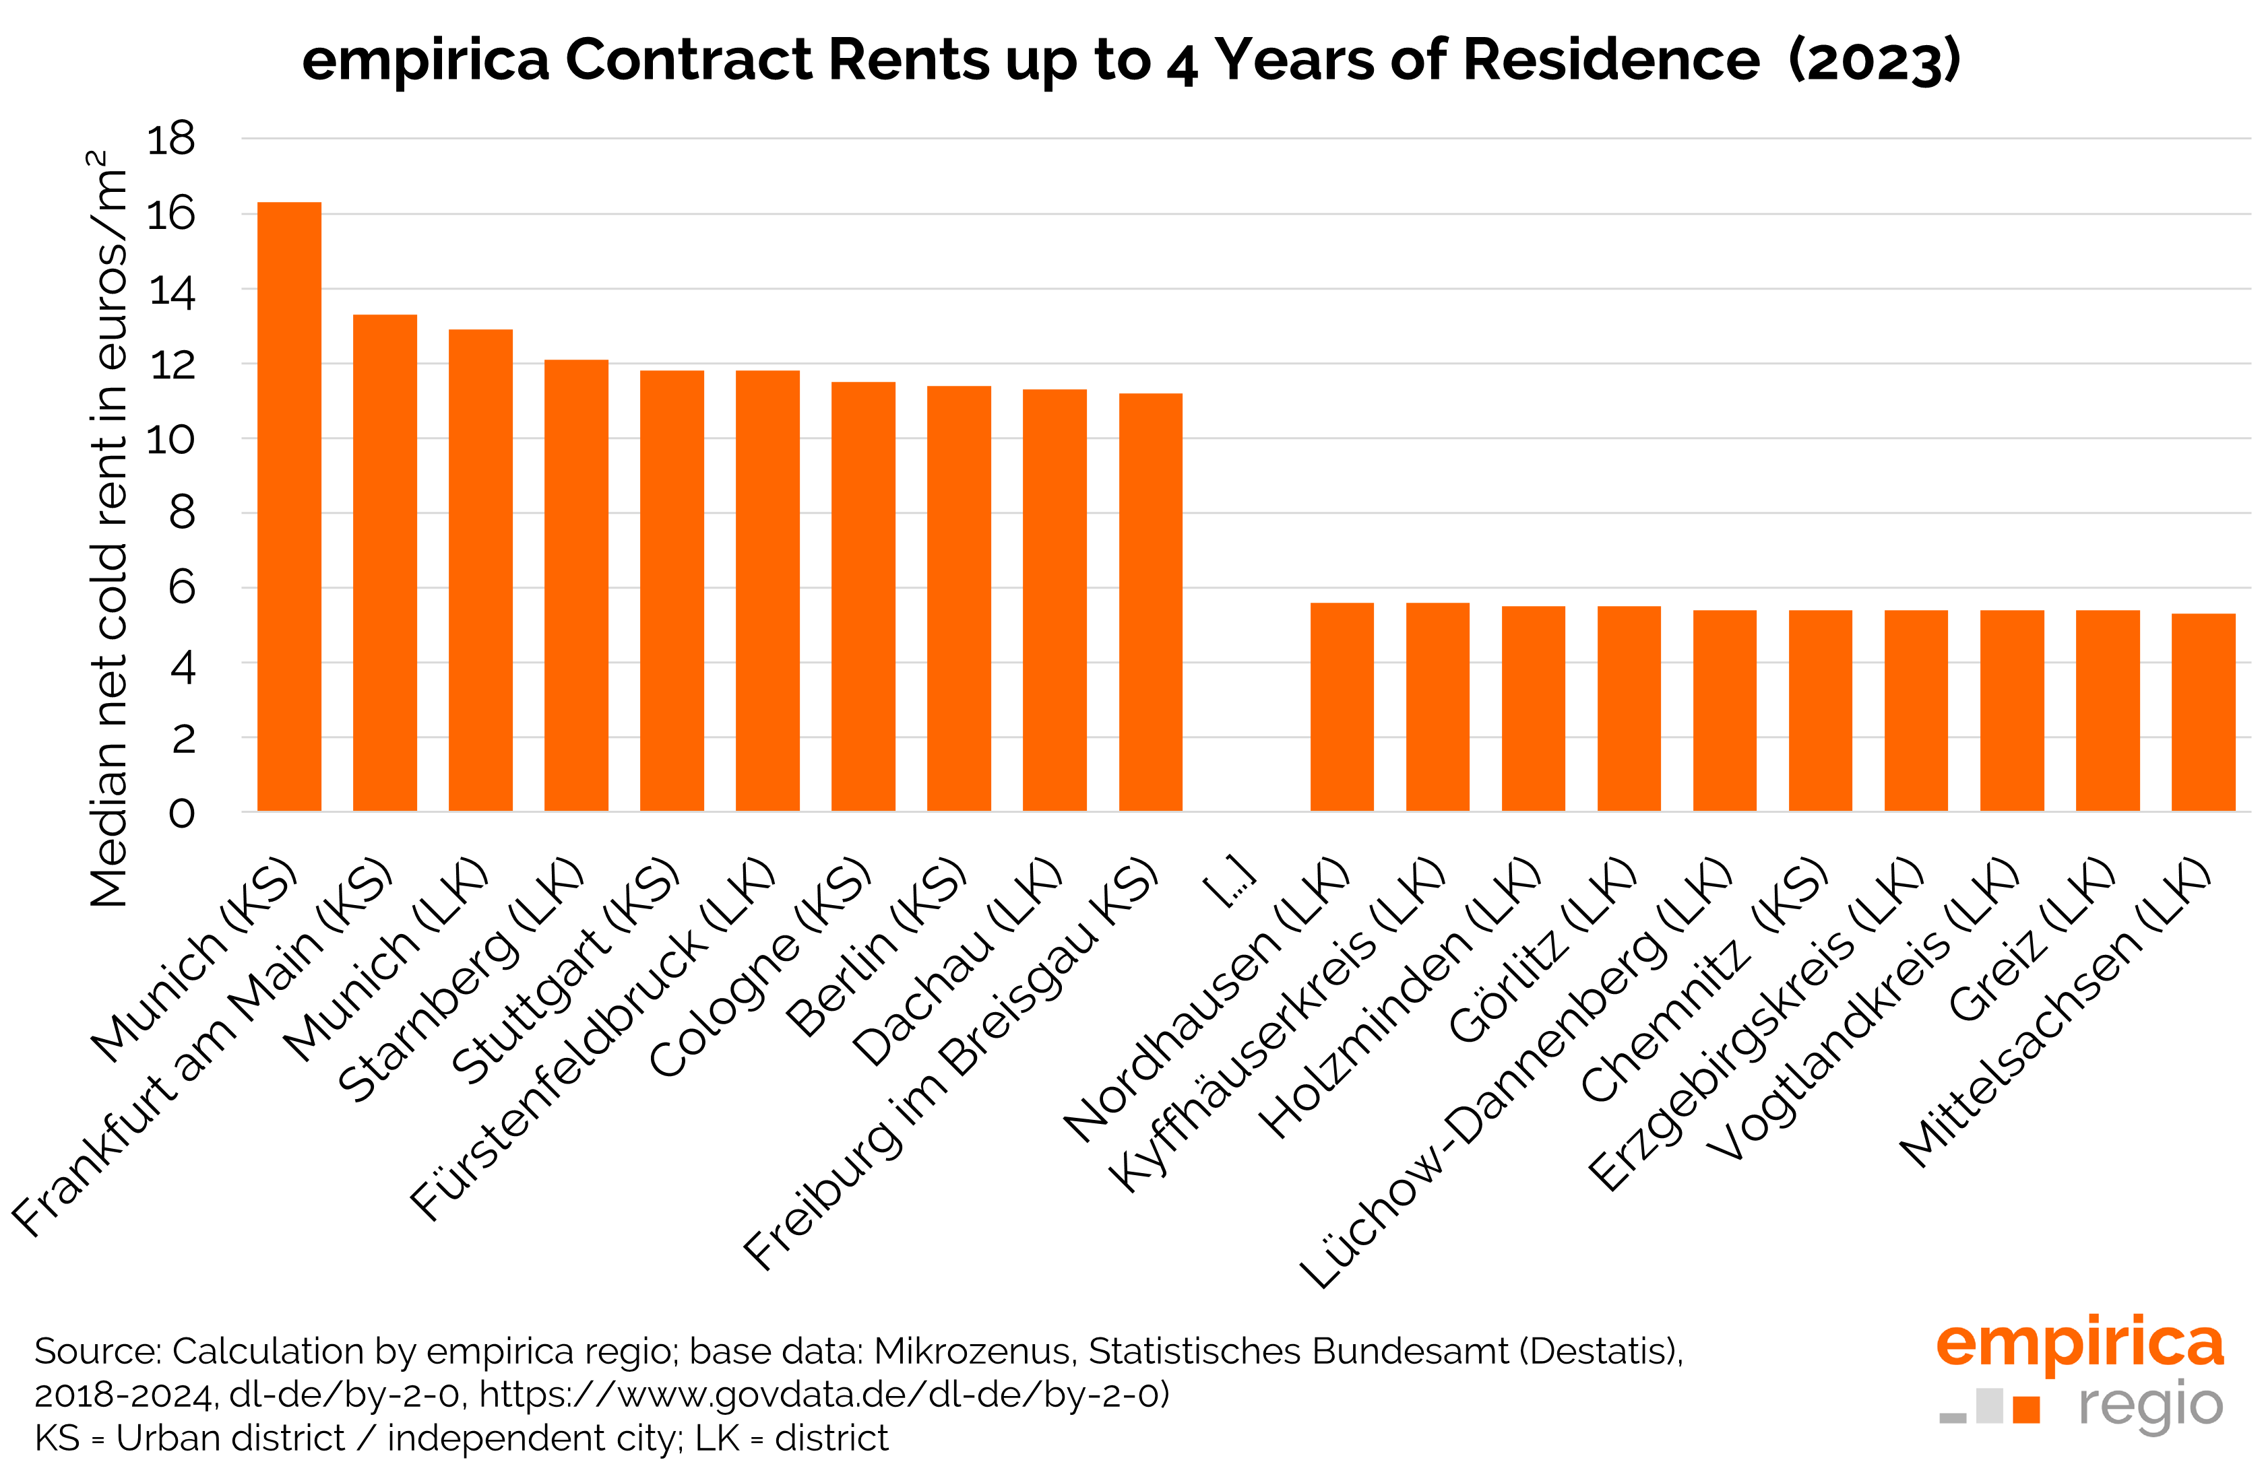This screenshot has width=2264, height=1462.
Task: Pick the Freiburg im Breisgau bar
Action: coord(1150,602)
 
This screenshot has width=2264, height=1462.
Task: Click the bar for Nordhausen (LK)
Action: coord(1341,707)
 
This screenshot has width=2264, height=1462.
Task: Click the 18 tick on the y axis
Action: coord(171,139)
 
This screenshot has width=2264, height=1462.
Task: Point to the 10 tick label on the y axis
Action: coord(171,440)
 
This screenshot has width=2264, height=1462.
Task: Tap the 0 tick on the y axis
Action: coord(181,813)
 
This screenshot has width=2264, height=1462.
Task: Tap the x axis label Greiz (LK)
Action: coord(2032,940)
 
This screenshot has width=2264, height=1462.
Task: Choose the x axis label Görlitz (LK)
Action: coord(1543,950)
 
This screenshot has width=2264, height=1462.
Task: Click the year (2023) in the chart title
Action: coord(1874,61)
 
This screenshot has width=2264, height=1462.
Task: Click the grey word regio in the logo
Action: coord(2150,1405)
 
